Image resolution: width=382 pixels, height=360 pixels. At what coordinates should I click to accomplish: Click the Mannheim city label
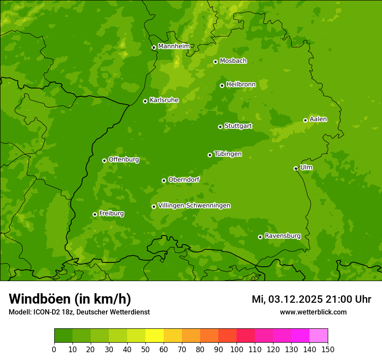tap(174, 46)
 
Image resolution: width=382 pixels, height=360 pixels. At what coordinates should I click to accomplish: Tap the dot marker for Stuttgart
tap(220, 127)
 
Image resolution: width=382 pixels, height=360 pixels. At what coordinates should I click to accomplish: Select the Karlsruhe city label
tap(164, 100)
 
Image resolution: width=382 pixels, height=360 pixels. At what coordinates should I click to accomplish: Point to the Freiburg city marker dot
tap(95, 214)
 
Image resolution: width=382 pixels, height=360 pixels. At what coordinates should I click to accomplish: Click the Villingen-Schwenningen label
tap(194, 206)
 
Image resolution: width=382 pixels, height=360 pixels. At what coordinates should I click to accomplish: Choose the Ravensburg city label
tap(283, 236)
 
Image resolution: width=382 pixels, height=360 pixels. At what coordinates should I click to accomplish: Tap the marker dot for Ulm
tap(296, 168)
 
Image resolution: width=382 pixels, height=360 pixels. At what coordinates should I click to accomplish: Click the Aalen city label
tap(318, 119)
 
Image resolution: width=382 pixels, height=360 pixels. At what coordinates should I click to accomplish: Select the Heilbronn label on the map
tap(241, 85)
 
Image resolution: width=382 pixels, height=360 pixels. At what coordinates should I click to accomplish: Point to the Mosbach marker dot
tap(215, 62)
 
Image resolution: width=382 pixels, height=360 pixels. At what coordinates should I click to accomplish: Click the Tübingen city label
tap(228, 154)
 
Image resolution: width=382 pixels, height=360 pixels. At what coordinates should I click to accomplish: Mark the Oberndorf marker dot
tap(164, 180)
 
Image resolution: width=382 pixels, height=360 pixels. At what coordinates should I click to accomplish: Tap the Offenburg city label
tap(124, 160)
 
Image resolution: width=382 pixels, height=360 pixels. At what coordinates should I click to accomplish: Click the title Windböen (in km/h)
tap(70, 299)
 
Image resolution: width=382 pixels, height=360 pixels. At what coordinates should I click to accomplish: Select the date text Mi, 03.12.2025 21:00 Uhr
tap(311, 299)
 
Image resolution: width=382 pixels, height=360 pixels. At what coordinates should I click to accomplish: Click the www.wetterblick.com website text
tap(313, 312)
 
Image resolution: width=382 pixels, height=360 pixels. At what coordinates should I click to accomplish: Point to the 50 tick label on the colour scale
tap(145, 349)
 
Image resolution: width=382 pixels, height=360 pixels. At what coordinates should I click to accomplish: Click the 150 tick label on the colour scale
tap(328, 349)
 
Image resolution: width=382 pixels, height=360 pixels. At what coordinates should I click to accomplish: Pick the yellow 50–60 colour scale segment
tap(155, 336)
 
